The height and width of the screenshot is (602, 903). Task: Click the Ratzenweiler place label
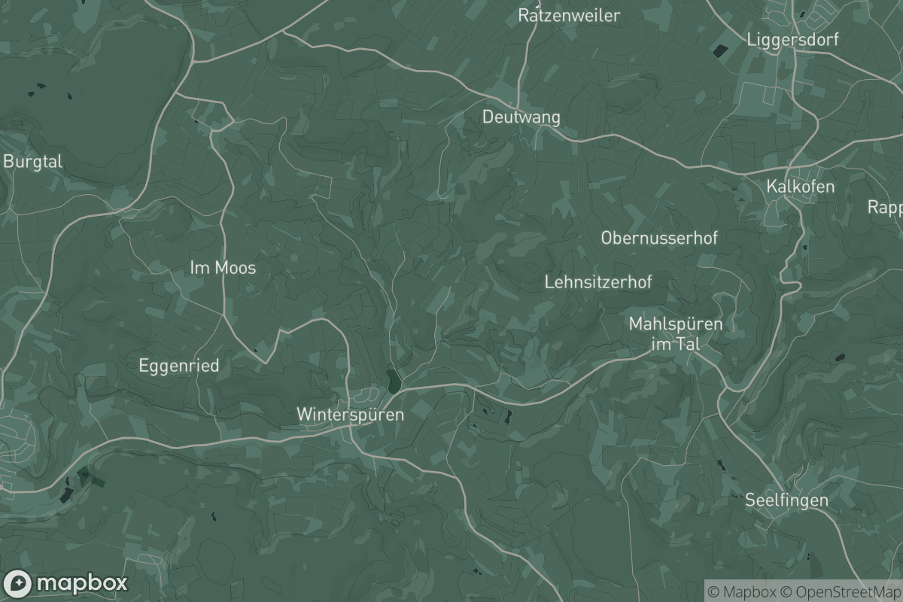coord(569,15)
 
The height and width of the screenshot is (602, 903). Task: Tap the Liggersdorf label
coord(792,40)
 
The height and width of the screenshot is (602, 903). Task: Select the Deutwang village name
coord(521,117)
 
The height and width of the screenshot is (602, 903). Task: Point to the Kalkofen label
coord(801,186)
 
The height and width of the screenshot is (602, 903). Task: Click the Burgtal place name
coord(33,161)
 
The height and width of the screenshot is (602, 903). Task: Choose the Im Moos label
coord(223,267)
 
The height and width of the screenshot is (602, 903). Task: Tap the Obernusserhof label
coord(659,238)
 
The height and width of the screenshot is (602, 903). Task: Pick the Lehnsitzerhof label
coord(597,282)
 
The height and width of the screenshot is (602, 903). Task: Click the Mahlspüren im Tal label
coord(675,333)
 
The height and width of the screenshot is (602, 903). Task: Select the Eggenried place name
coord(179,366)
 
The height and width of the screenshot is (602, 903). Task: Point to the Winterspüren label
coord(350,414)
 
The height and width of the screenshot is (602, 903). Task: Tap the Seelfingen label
coord(786,500)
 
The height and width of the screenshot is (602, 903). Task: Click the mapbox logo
coord(65,583)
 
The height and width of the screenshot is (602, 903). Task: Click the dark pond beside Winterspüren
coord(392,380)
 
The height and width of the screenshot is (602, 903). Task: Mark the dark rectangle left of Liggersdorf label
coord(720,51)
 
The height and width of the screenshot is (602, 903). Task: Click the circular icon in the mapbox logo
coord(17,584)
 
